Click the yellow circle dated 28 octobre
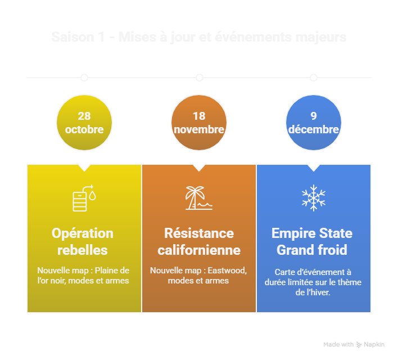[x=84, y=123]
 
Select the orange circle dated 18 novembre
[x=199, y=123]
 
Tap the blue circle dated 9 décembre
[x=314, y=123]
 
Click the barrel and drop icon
[x=84, y=198]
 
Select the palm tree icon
[x=199, y=198]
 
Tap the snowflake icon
[x=314, y=198]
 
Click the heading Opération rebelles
[x=83, y=241]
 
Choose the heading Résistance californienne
[x=199, y=241]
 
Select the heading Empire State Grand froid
[x=312, y=241]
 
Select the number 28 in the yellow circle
[x=84, y=116]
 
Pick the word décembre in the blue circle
[x=314, y=129]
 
